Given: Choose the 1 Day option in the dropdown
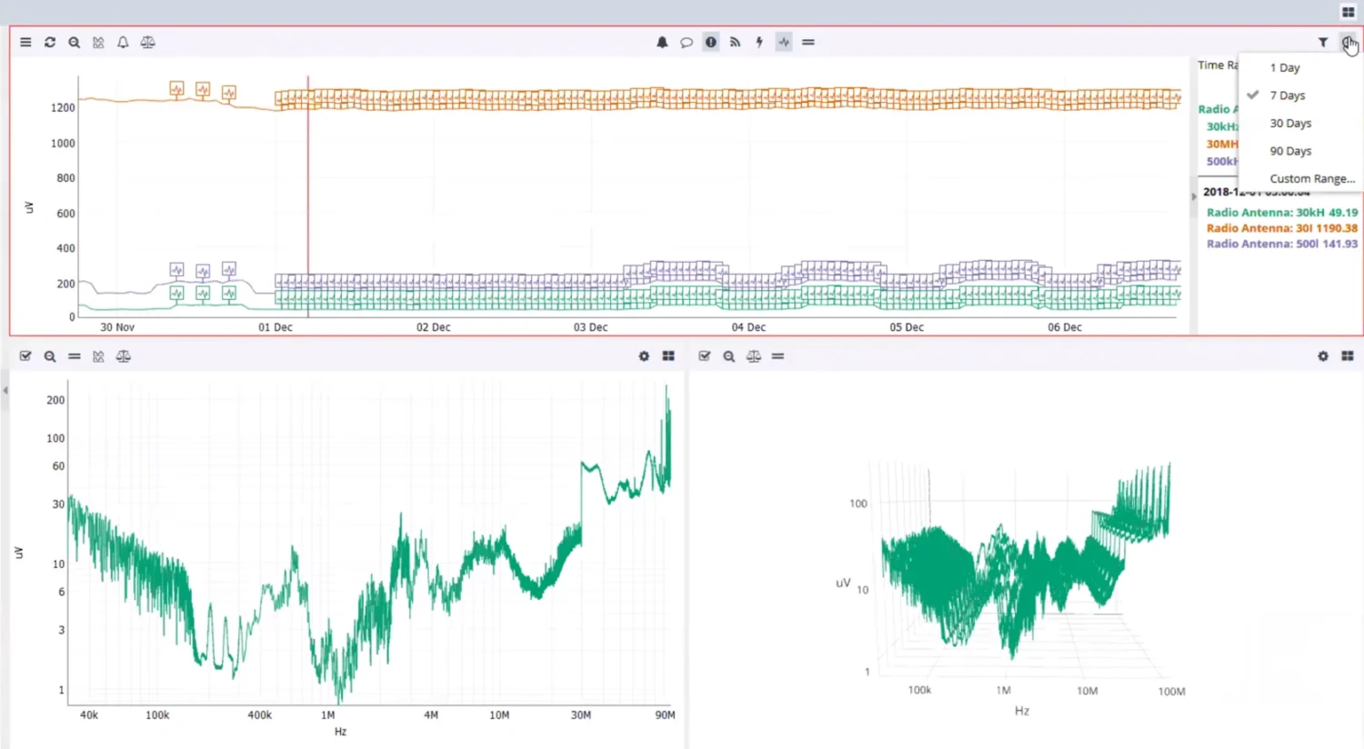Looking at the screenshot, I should click(x=1284, y=68).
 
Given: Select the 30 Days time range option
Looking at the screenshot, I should click(x=1290, y=124).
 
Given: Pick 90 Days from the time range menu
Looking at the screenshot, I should click(x=1290, y=151).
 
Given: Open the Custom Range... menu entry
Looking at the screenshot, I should click(x=1311, y=179).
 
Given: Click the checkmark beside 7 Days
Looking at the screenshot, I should click(x=1253, y=95).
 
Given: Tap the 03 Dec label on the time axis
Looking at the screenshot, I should click(x=590, y=327).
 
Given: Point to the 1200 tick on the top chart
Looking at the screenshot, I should click(x=63, y=108).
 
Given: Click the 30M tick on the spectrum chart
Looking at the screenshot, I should click(x=580, y=715).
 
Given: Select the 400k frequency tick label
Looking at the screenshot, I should click(x=259, y=715).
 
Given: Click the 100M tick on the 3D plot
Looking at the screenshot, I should click(x=1171, y=692).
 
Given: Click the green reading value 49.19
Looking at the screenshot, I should click(x=1342, y=213).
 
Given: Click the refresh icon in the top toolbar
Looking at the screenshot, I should click(x=50, y=43).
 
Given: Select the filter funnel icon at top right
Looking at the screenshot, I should click(x=1323, y=43).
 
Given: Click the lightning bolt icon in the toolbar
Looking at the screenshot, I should click(x=759, y=43).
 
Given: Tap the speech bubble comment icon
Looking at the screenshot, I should click(x=687, y=43).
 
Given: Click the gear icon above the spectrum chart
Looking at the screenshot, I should click(x=644, y=356).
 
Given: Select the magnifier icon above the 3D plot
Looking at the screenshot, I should click(x=728, y=356).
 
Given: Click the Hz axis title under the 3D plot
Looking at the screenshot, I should click(x=1021, y=711).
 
